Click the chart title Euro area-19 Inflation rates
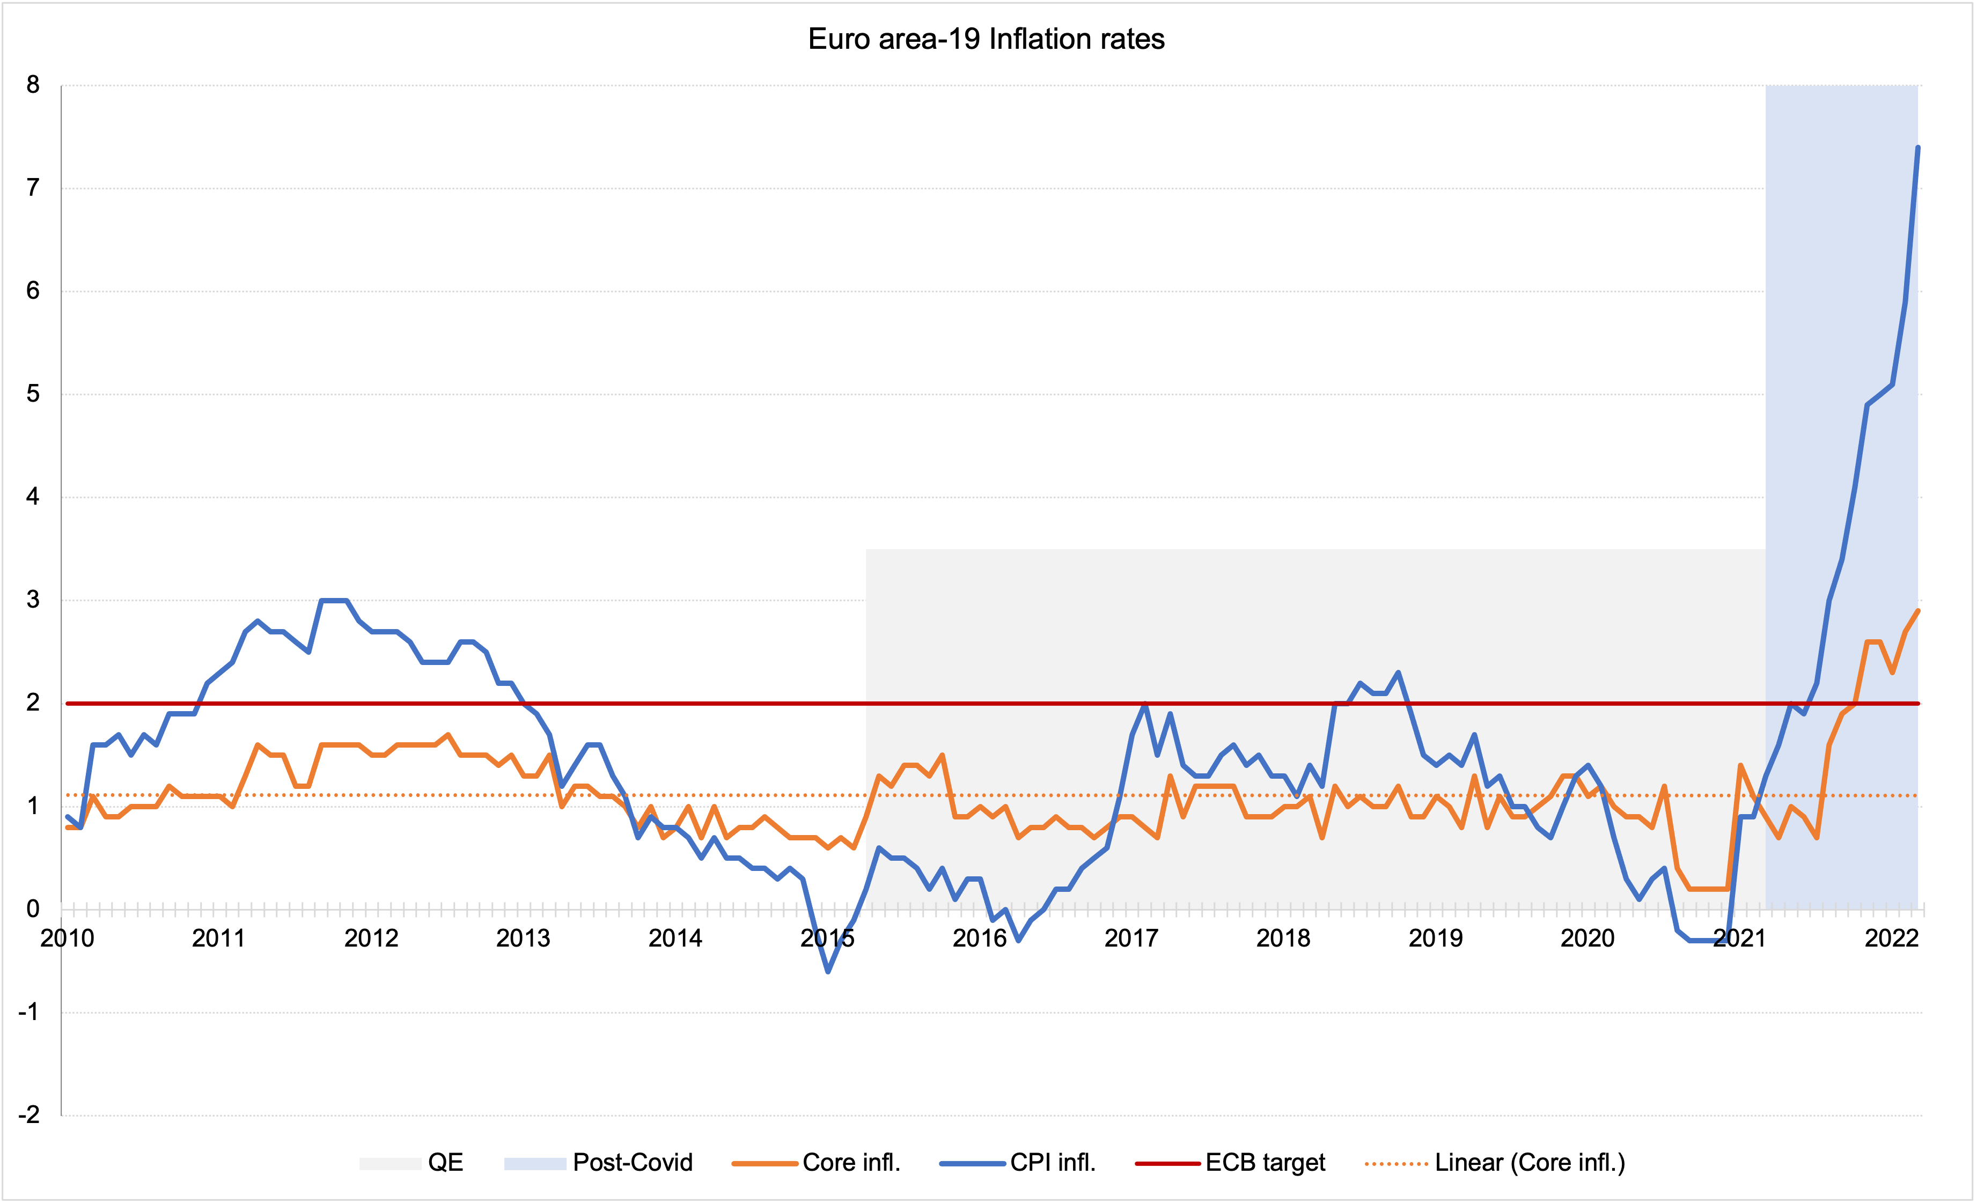tap(986, 39)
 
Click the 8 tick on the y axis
tap(33, 85)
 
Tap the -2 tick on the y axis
tap(29, 1115)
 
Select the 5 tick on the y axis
tap(33, 394)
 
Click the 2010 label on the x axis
tap(68, 937)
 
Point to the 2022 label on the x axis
tap(1891, 937)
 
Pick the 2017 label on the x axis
tap(1131, 937)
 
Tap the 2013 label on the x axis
tap(523, 937)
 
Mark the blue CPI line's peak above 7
tap(1917, 147)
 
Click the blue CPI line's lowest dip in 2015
tap(828, 971)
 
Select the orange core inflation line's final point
tap(1917, 611)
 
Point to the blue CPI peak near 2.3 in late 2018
tap(1399, 673)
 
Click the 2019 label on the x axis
tap(1436, 937)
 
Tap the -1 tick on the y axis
tap(29, 1013)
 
